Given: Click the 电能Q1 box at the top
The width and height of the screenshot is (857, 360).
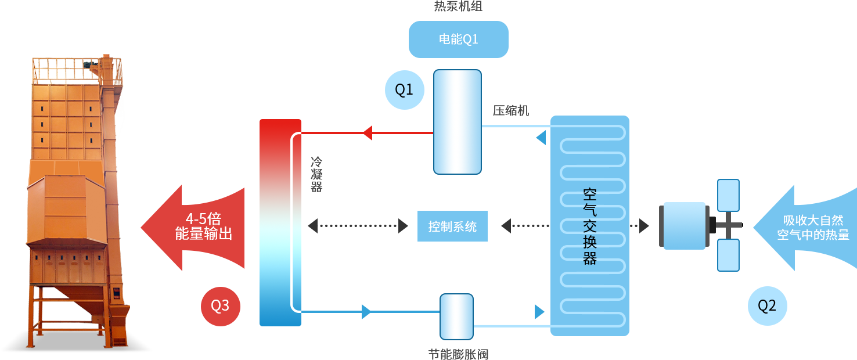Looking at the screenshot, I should click(x=458, y=39).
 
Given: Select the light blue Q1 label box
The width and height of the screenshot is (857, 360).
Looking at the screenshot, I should click(x=404, y=89).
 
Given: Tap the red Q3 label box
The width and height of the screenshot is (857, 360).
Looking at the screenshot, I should click(x=220, y=306).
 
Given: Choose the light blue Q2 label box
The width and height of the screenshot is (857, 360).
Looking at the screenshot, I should click(x=767, y=306).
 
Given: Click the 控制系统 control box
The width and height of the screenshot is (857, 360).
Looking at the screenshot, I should click(x=452, y=226).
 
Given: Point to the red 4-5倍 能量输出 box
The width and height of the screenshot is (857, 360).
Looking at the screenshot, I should click(x=192, y=227).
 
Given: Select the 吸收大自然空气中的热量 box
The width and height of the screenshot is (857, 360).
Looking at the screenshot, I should click(x=804, y=227).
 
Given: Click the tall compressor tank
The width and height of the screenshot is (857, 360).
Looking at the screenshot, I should click(x=458, y=122).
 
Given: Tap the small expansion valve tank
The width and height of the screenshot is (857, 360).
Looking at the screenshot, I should click(x=456, y=316).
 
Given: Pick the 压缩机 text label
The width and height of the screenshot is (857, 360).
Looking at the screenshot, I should click(x=511, y=110).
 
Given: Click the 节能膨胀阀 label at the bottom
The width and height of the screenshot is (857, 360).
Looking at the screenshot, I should click(x=458, y=354).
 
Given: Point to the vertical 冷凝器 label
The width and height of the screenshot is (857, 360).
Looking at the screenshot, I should click(x=316, y=174).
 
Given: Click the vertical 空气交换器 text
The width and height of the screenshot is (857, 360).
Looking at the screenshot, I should click(x=590, y=226).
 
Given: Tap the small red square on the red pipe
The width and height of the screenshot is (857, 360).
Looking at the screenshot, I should click(x=367, y=133).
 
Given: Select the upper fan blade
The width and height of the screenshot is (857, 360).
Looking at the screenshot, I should click(x=728, y=195).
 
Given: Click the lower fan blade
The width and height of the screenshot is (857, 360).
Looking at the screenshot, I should click(x=728, y=255).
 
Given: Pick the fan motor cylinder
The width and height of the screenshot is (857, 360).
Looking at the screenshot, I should click(x=684, y=225).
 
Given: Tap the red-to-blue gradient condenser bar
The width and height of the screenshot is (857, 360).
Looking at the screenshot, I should click(x=280, y=222).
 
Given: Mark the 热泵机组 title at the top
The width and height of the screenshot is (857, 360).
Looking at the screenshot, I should click(x=458, y=6).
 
